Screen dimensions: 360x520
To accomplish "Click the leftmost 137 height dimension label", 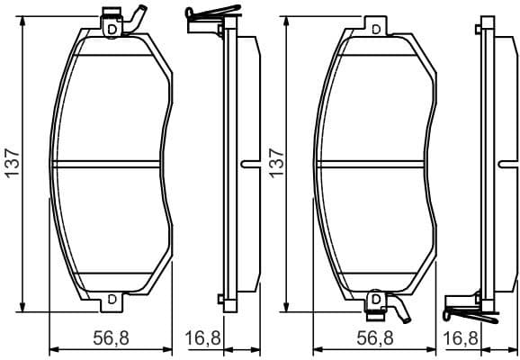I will (12, 163).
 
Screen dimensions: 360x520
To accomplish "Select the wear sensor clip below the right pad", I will (387, 308).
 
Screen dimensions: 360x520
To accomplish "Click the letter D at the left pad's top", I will (112, 29).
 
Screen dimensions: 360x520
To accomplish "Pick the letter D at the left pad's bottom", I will (112, 298).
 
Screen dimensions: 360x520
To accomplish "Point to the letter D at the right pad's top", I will (375, 29).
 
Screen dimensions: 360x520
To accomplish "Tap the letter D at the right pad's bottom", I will (375, 298).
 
